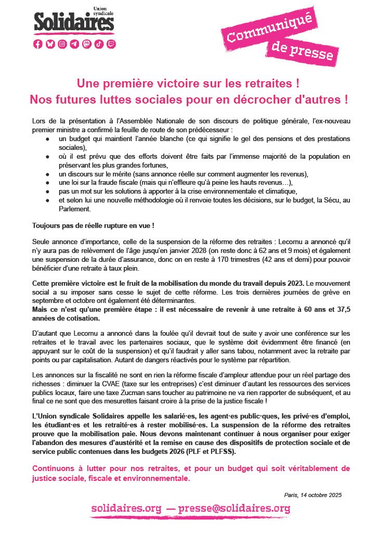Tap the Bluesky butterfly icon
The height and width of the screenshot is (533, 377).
tap(50, 44)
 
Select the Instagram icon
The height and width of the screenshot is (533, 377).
tap(62, 44)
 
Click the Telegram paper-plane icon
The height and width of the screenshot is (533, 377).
tap(74, 44)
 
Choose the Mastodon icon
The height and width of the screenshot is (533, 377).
tap(87, 44)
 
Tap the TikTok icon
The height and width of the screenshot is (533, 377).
tap(99, 44)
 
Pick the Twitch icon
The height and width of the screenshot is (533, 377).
tap(111, 44)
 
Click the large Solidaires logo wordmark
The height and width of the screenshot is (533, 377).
tap(74, 22)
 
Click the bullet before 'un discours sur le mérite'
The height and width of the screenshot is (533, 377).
tap(48, 174)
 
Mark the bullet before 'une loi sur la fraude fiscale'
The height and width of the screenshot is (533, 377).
tap(48, 183)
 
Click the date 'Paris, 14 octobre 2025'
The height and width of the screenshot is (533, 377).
tap(313, 495)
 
